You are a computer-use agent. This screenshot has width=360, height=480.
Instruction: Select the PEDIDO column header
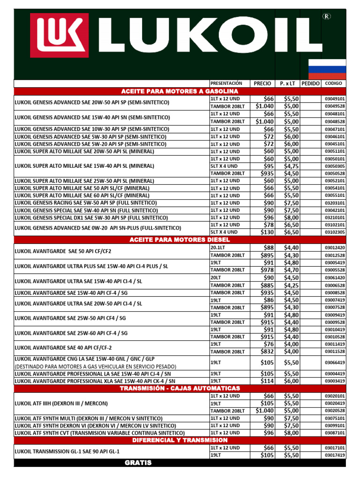310,83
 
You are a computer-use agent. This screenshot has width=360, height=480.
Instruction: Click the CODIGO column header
333,83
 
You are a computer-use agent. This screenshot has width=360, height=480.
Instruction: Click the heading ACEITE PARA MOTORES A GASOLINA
180,91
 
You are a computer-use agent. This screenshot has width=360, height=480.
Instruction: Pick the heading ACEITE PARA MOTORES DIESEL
180,240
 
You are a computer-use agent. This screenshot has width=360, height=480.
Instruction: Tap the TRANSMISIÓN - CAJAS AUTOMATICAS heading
180,389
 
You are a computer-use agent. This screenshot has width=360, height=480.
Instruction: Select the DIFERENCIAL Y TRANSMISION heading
180,441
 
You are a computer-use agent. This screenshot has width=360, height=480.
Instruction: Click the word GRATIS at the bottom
138,463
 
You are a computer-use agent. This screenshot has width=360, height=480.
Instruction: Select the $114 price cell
267,381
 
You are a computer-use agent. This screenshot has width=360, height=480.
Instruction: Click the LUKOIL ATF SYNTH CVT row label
99,433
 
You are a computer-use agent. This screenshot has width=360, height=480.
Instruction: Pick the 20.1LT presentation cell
218,247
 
